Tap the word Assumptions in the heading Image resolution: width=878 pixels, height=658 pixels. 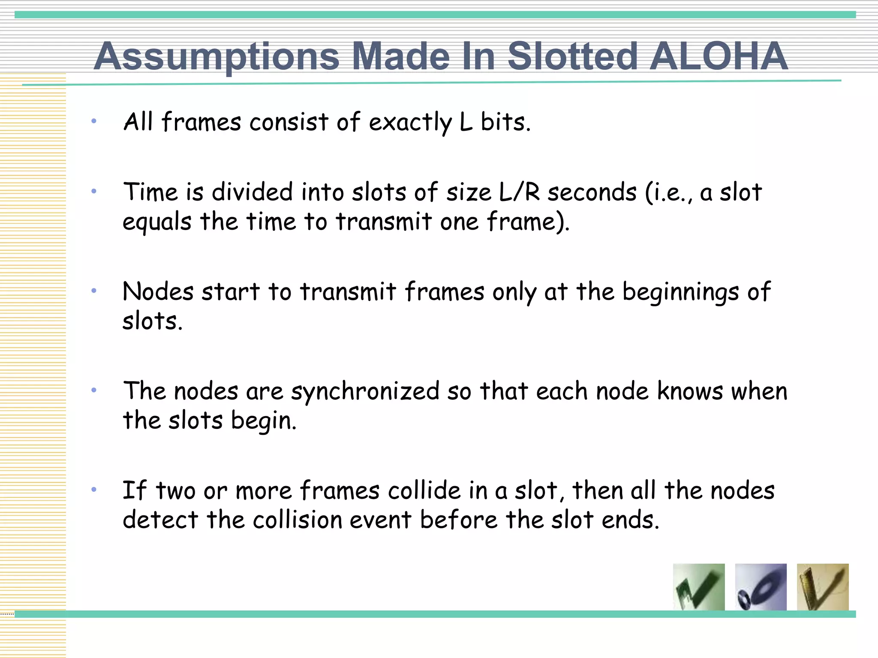tap(216, 57)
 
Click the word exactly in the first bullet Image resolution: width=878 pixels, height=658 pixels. tap(410, 122)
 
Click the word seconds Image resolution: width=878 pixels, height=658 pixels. tap(592, 192)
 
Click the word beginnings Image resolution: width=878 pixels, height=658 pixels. tap(681, 293)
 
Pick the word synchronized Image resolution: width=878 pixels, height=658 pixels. tap(365, 392)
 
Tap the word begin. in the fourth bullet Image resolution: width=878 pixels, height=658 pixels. tap(264, 421)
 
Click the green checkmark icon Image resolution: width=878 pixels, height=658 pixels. tap(699, 587)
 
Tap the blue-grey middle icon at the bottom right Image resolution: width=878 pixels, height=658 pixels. tap(761, 587)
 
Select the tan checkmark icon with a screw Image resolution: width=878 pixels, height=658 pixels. tap(822, 587)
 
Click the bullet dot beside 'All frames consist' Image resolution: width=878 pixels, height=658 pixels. tap(94, 121)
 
